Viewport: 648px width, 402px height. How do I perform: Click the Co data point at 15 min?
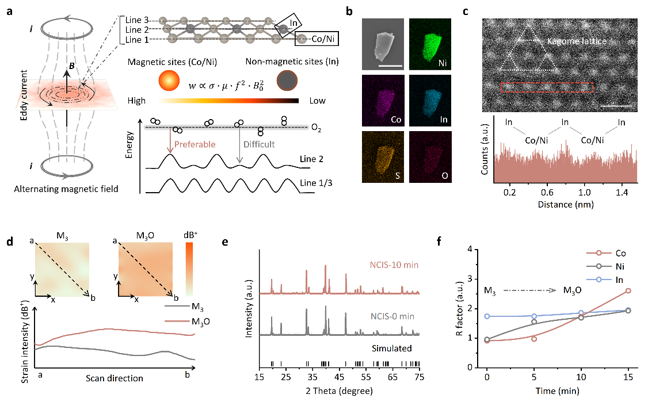click(628, 290)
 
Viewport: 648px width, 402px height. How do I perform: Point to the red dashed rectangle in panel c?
click(547, 87)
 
